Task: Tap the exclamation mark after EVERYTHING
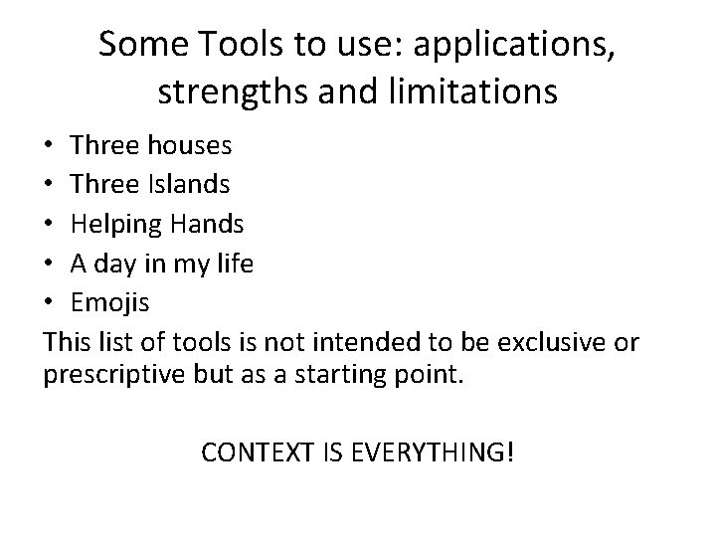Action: (510, 454)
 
